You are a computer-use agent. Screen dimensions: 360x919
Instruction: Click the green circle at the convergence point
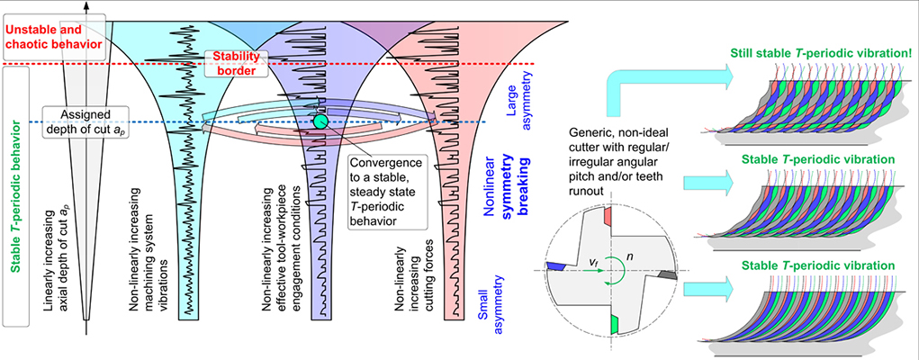point(320,121)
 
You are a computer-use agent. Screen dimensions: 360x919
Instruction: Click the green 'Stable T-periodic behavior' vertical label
point(15,194)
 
